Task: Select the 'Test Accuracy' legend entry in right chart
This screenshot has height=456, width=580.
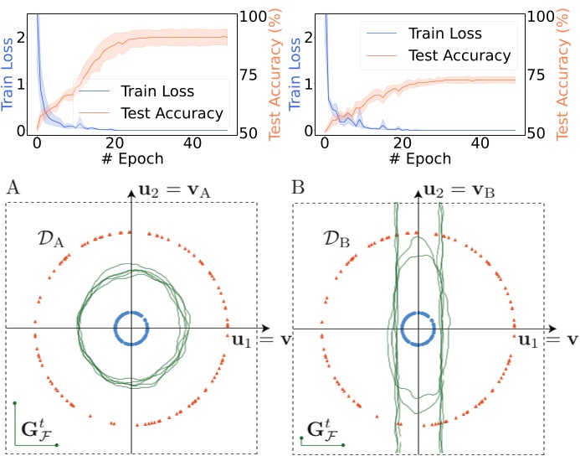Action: coord(460,56)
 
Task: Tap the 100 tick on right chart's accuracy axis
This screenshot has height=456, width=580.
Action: coord(540,15)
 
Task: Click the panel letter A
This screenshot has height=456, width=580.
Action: coord(13,186)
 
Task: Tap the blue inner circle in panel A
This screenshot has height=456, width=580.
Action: coord(114,328)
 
